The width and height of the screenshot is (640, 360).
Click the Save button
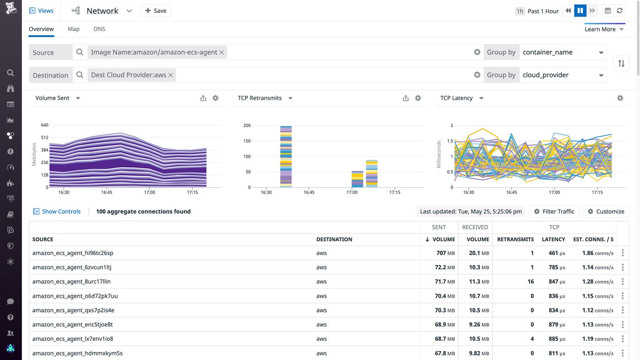156,11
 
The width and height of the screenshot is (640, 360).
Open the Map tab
74,29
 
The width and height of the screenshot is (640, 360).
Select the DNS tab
99,29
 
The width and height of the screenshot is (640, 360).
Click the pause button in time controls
580,11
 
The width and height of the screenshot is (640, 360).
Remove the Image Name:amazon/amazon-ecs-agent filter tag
222,53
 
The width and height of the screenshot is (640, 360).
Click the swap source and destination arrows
621,64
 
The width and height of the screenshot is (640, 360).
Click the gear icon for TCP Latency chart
620,98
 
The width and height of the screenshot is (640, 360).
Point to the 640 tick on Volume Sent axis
44,125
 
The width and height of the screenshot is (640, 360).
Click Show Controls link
61,212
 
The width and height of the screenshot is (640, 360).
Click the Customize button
606,212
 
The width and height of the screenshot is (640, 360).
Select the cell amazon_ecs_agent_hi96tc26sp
73,253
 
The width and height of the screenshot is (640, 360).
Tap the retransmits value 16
530,281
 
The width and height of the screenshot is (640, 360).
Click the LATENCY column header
553,239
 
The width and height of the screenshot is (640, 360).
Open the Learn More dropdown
604,29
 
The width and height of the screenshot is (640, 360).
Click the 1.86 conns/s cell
597,253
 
